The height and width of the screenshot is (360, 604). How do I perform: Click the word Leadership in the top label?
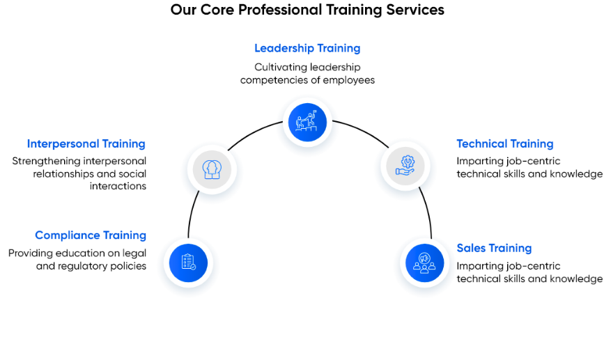tap(284, 49)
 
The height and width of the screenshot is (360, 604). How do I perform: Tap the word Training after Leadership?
tap(339, 49)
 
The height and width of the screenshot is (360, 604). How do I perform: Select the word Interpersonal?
tap(63, 144)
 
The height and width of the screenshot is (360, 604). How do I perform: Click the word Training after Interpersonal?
tap(124, 144)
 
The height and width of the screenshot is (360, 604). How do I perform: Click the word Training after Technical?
tap(532, 144)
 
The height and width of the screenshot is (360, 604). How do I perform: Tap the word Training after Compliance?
tap(125, 235)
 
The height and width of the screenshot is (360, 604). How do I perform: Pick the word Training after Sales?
tap(510, 249)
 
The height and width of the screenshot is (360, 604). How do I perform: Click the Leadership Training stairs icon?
tap(307, 122)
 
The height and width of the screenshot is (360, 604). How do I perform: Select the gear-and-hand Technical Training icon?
tap(405, 165)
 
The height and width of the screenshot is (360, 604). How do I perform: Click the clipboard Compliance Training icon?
tap(188, 262)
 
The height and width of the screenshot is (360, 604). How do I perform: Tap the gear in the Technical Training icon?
tap(406, 161)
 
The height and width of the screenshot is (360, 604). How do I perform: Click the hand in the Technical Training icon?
tap(404, 171)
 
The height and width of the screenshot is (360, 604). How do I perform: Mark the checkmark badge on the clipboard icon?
tap(193, 267)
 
